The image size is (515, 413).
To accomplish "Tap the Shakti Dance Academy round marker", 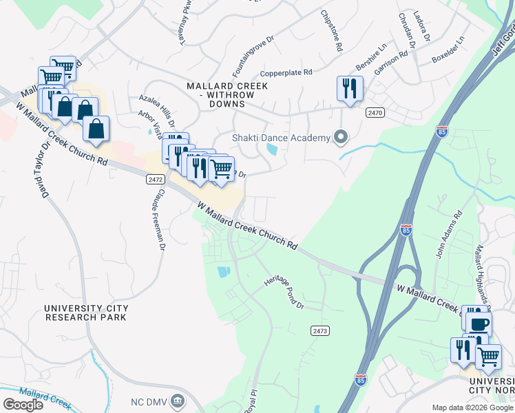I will click(340, 138).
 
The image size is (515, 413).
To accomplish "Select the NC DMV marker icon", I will click(178, 401).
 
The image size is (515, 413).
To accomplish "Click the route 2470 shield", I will click(375, 113).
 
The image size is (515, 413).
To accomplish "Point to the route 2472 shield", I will click(155, 179).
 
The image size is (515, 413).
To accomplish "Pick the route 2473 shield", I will click(319, 331).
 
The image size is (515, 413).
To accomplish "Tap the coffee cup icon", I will click(479, 324).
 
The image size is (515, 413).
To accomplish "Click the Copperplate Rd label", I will click(286, 72).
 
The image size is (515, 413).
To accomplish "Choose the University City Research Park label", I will click(85, 313).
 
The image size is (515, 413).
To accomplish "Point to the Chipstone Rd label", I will click(330, 32).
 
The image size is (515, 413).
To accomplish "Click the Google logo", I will click(23, 404).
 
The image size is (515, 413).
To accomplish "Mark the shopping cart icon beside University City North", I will click(488, 357).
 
